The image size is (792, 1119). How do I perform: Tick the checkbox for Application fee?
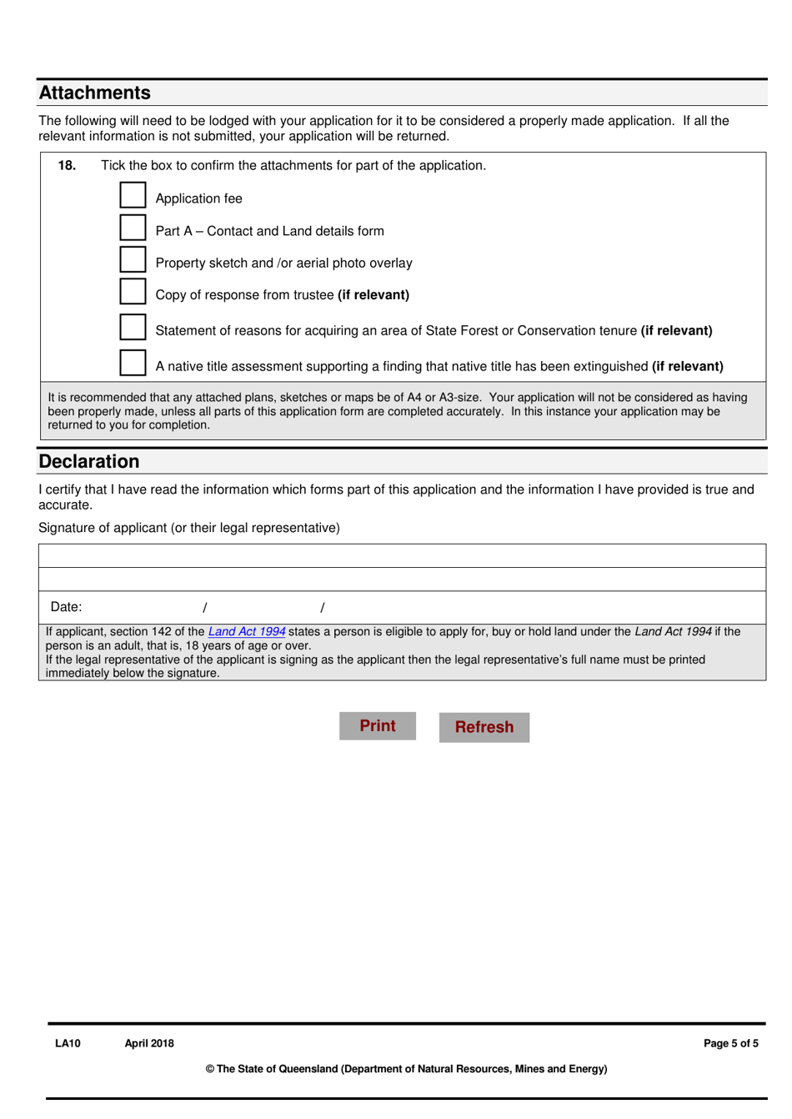[133, 195]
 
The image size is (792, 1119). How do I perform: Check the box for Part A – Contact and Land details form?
[133, 228]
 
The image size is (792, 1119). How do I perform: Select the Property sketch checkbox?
[133, 259]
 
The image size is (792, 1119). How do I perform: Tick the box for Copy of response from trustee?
[133, 291]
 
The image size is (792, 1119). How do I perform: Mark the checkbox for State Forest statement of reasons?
[133, 327]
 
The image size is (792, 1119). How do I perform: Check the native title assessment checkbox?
[133, 363]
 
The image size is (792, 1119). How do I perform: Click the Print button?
[377, 725]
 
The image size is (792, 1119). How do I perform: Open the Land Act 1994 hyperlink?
[246, 632]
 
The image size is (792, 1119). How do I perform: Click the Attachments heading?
[95, 93]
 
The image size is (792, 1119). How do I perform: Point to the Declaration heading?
[89, 461]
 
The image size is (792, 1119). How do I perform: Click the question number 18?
[67, 165]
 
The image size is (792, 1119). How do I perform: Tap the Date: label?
[66, 607]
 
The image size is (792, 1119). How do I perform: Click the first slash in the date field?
[205, 608]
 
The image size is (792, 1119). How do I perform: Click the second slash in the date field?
[323, 608]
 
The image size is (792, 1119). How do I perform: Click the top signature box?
[402, 556]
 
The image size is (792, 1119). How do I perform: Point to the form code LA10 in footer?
[68, 1043]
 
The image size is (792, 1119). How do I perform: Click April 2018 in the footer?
[149, 1043]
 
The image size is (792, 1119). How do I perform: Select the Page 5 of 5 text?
[730, 1043]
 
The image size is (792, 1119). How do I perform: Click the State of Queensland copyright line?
[406, 1069]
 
